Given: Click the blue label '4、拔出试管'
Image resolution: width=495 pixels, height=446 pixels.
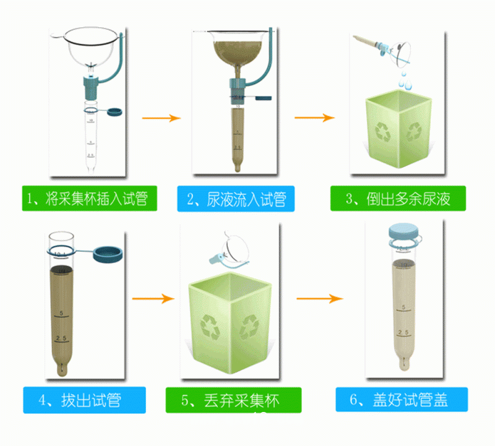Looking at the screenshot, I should coord(85,400).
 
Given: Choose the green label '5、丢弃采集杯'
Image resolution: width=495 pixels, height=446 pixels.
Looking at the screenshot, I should coord(233,400).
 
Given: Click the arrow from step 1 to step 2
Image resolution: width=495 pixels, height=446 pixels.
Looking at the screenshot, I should coord(161,117).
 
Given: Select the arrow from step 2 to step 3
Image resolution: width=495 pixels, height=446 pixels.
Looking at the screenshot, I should coord(314,117).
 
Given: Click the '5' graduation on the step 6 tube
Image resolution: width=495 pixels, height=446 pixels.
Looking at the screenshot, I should coord(403,307).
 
